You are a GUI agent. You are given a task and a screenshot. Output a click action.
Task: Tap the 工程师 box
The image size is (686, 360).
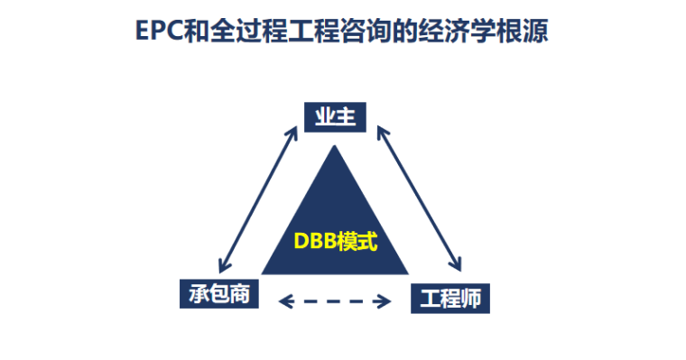[x=450, y=299]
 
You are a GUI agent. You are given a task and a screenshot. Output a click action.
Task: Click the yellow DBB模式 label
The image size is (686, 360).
[x=335, y=242]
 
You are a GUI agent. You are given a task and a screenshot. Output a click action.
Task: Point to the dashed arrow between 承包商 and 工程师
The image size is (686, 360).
[x=335, y=300]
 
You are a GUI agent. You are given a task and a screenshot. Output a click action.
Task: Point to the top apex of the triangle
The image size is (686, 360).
[x=335, y=144]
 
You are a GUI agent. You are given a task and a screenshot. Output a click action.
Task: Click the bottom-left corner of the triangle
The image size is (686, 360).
[x=263, y=273]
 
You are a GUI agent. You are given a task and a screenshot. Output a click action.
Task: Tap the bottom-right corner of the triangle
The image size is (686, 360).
[x=408, y=273]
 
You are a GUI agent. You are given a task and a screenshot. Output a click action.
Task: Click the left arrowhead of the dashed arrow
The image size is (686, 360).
[x=281, y=300]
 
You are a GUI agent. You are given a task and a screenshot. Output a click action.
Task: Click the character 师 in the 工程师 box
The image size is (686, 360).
[x=472, y=299]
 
